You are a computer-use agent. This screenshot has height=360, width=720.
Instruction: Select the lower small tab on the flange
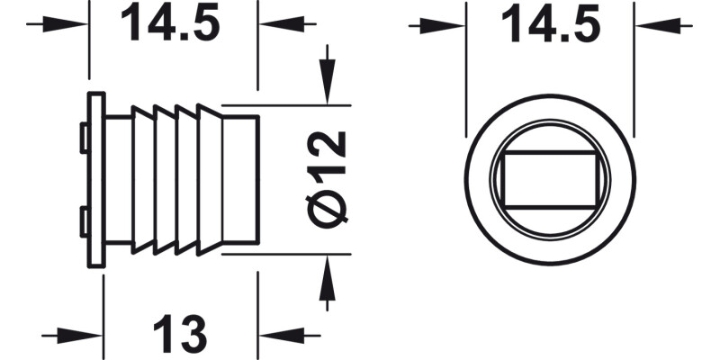[x=83, y=220]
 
